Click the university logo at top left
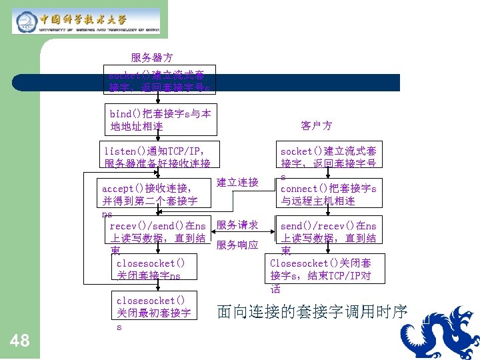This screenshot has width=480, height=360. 86,21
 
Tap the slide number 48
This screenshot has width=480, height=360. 21,341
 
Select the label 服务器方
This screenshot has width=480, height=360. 152,58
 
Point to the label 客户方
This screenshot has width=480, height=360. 317,125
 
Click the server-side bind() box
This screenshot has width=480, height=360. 160,119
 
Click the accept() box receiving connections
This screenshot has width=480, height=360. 149,194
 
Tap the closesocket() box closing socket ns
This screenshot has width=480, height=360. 155,269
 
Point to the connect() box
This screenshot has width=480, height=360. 328,194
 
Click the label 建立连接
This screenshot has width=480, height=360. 237,182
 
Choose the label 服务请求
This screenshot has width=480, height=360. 237,225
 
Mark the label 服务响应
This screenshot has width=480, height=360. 237,245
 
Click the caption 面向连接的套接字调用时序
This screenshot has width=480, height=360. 312,311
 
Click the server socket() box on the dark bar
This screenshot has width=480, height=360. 160,82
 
